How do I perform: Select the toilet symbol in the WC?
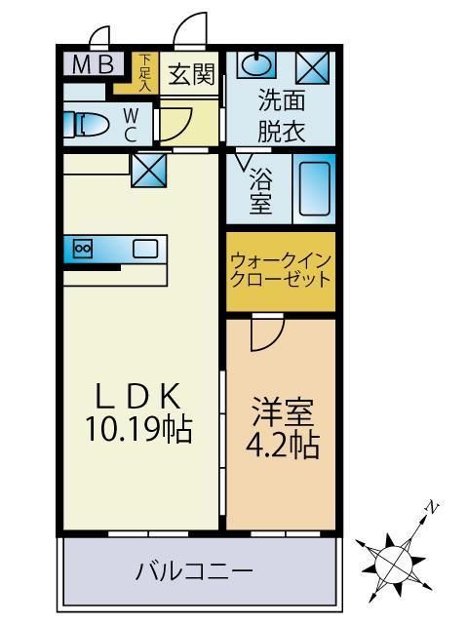click(x=86, y=124)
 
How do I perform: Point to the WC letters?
click(x=130, y=123)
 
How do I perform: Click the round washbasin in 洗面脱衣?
click(x=253, y=65)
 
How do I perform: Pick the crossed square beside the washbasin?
click(x=312, y=65)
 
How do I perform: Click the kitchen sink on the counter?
click(x=144, y=249)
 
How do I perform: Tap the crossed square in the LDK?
click(x=149, y=173)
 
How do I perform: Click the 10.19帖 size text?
click(x=136, y=429)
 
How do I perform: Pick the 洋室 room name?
click(x=280, y=409)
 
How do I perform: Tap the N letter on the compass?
click(x=428, y=507)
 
